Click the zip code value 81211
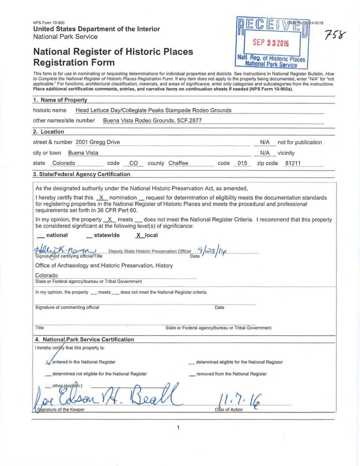click(293, 163)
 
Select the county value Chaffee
click(178, 163)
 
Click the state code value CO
click(134, 163)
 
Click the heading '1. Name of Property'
click(60, 100)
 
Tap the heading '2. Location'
click(48, 132)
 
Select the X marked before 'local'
click(138, 235)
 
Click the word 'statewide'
click(107, 235)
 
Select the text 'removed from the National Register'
click(231, 374)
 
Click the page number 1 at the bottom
click(179, 427)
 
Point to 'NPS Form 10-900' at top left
click(48, 22)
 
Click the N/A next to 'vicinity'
click(265, 153)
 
